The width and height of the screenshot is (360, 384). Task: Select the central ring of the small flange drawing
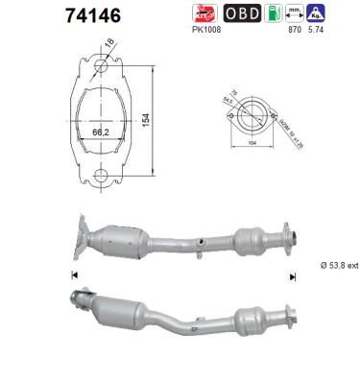point(252,108)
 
